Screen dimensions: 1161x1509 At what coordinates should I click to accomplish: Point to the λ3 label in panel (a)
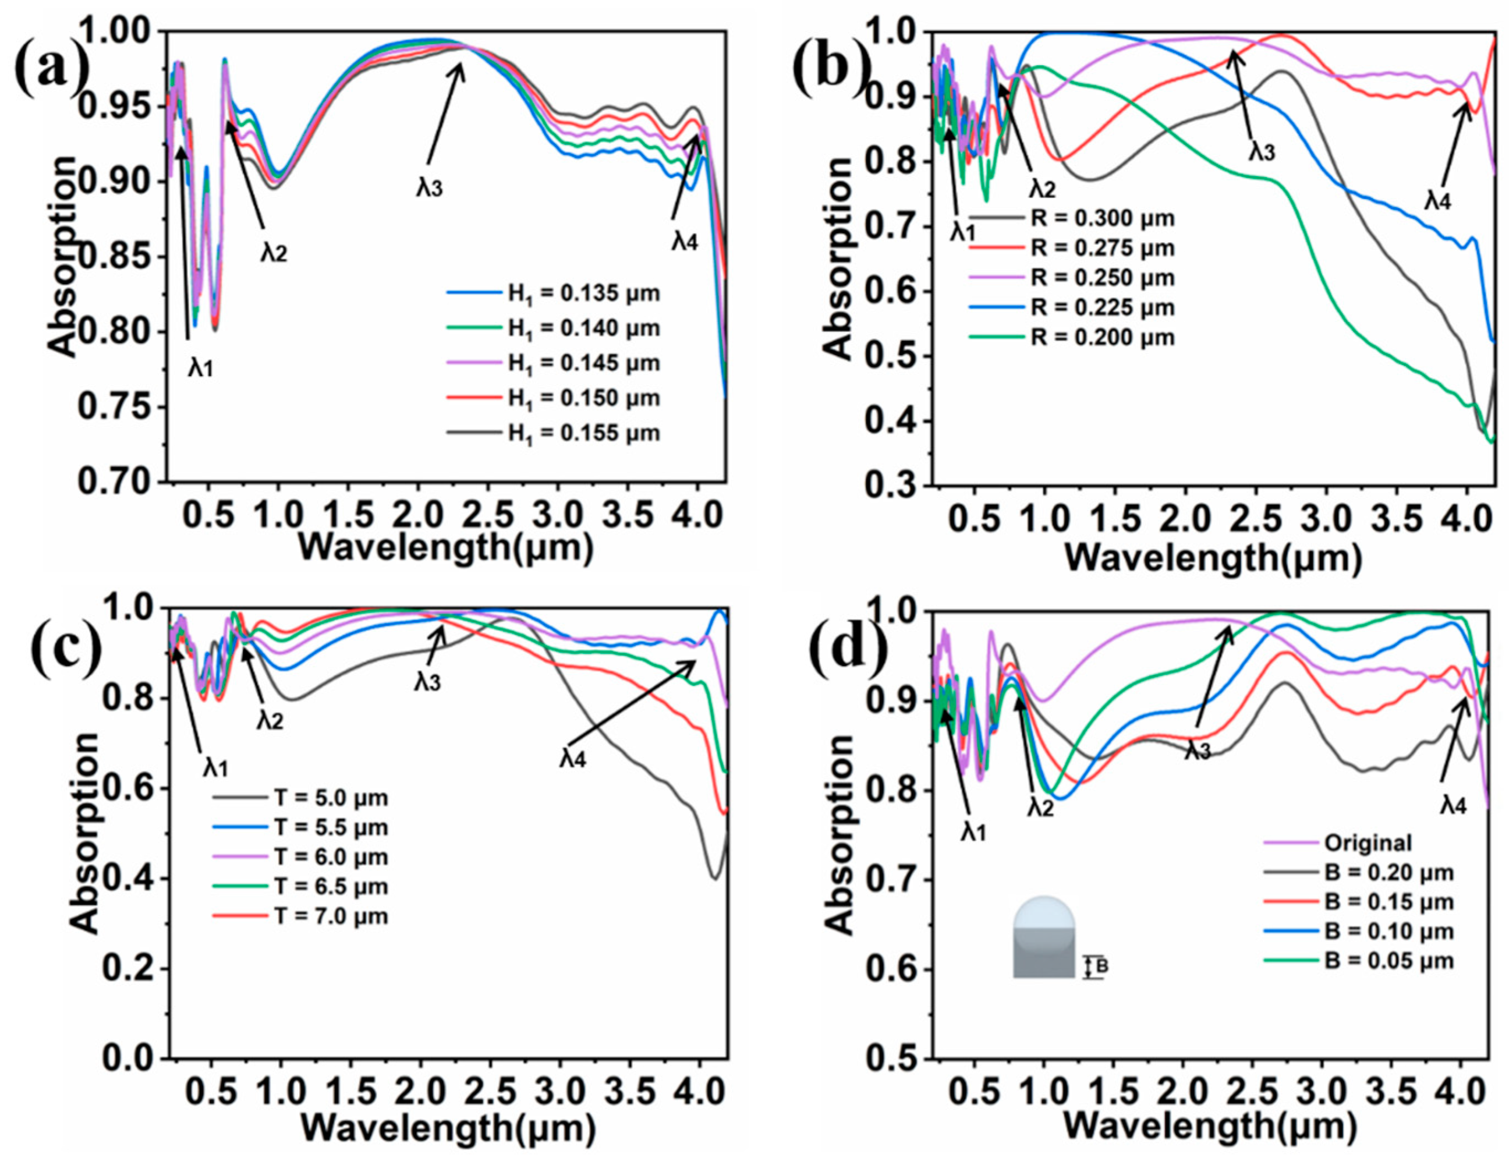[428, 188]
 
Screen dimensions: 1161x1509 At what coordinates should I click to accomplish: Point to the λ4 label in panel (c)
[573, 759]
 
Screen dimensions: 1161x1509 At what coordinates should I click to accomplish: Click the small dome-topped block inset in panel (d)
[1044, 936]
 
